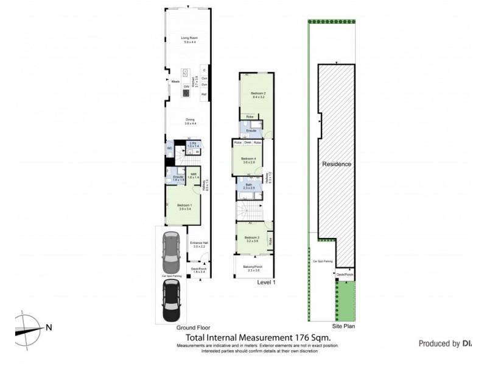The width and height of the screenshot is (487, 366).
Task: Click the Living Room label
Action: [x=190, y=40]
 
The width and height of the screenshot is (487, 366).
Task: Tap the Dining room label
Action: [x=190, y=121]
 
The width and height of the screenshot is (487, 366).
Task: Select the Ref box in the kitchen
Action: [x=205, y=95]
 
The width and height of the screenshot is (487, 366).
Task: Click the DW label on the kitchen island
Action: [x=186, y=87]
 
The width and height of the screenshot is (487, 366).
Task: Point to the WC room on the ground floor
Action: [x=169, y=148]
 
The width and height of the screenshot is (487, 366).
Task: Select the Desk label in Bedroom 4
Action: [x=248, y=142]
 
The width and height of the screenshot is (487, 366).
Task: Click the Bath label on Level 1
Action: [x=249, y=185]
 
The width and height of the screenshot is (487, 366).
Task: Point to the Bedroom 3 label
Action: [x=252, y=238]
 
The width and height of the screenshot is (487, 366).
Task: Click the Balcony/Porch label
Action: [x=252, y=267]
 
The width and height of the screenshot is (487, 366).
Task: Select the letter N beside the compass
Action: [x=48, y=327]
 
